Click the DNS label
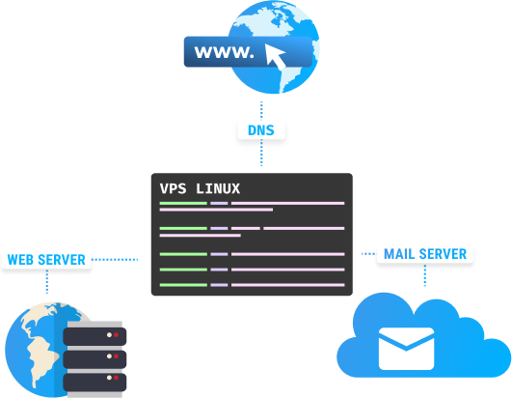[x=261, y=128]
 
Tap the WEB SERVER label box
[x=46, y=259]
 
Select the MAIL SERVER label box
[x=424, y=254]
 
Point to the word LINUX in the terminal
[x=218, y=187]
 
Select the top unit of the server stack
[x=94, y=334]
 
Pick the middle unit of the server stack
[x=94, y=358]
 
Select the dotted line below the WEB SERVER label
[x=46, y=283]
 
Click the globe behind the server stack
[x=34, y=348]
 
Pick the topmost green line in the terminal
[x=183, y=203]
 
